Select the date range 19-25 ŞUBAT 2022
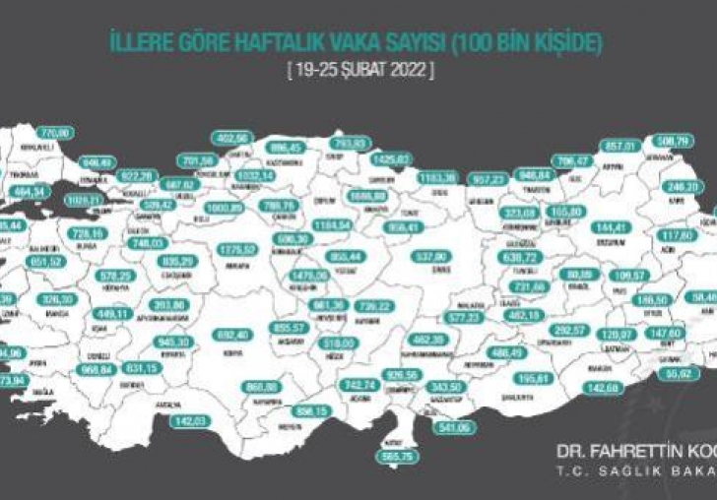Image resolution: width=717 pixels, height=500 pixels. pos(358,72)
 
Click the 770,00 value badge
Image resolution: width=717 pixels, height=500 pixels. pos(56,132)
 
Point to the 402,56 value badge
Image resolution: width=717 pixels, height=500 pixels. pos(235,139)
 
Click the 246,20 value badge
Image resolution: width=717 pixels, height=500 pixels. pos(684,186)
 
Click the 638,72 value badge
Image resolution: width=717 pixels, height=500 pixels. pos(533,256)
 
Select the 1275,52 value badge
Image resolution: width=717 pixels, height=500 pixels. pos(239,250)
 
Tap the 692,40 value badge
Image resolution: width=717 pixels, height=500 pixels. pos(233,336)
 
